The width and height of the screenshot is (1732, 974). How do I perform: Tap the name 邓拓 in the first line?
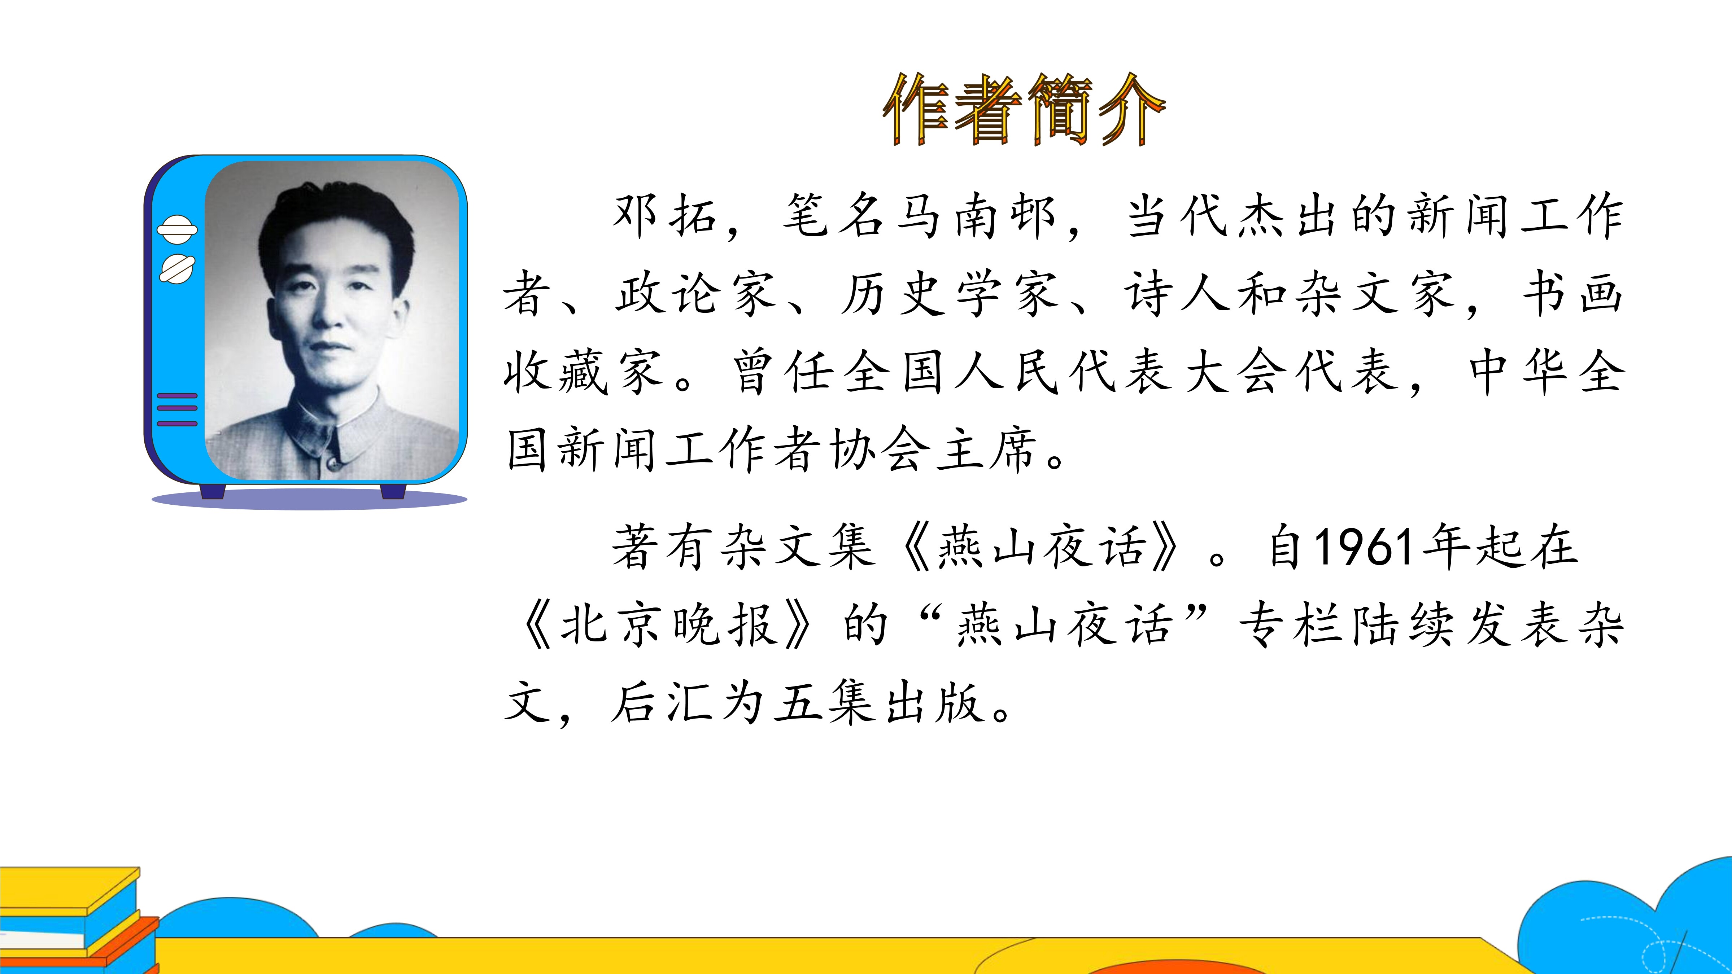(664, 216)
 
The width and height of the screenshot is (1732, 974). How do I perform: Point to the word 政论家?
(696, 294)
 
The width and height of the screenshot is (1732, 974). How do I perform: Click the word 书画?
(1573, 294)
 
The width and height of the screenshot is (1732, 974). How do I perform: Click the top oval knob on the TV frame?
(177, 229)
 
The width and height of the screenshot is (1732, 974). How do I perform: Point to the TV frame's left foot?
(213, 491)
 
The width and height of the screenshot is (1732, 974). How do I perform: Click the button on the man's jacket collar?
(331, 462)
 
